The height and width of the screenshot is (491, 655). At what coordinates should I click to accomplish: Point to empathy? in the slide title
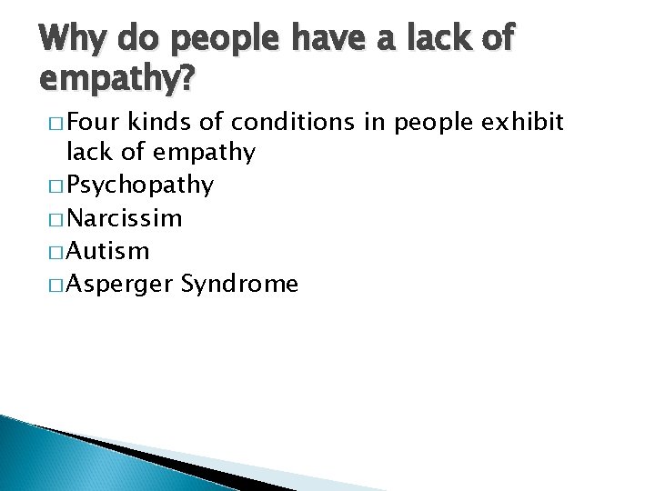point(117,81)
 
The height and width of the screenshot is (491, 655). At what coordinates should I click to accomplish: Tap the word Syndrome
point(239,285)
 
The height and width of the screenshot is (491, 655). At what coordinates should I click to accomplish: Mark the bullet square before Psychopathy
point(50,186)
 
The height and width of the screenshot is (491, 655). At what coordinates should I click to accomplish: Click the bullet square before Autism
point(50,252)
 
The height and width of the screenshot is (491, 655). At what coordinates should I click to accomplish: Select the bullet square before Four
point(50,123)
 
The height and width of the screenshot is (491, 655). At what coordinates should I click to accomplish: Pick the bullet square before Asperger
point(50,286)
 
